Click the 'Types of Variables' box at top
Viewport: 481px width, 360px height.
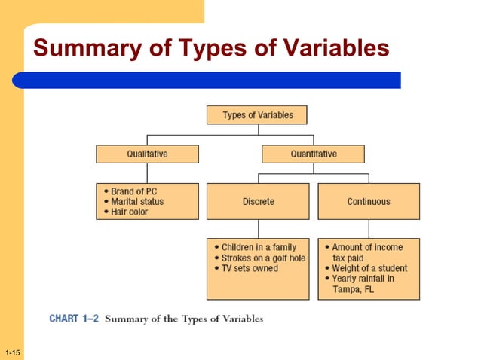(257, 115)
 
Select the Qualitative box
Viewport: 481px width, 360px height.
(147, 154)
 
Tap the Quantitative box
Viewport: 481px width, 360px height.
(313, 154)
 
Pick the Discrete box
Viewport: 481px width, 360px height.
(258, 201)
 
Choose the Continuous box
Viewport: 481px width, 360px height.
(369, 201)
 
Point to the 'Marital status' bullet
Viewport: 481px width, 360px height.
(136, 202)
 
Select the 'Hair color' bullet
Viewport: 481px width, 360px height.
(129, 212)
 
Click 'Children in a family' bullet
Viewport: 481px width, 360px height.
(259, 247)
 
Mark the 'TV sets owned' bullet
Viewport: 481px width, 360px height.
(249, 268)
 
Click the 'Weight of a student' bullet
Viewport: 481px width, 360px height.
(369, 268)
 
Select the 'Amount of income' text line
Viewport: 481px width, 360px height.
(367, 247)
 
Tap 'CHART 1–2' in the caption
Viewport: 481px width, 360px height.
(73, 319)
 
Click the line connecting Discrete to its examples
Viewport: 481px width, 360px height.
(258, 228)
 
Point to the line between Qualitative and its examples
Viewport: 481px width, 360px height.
(147, 172)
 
